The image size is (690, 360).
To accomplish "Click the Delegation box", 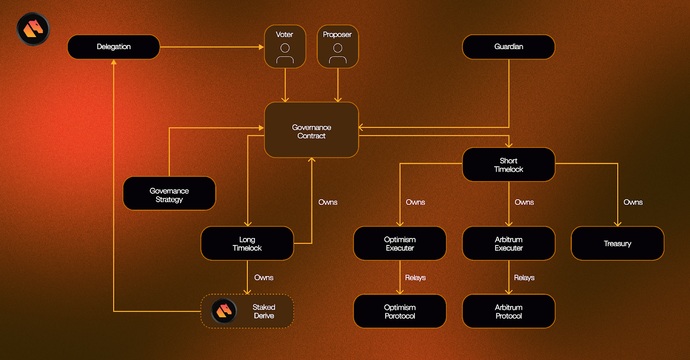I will pyautogui.click(x=113, y=47).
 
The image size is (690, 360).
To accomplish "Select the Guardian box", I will pyautogui.click(x=508, y=47).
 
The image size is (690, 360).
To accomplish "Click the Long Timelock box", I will pyautogui.click(x=247, y=244).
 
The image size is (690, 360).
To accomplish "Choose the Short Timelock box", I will pyautogui.click(x=508, y=165).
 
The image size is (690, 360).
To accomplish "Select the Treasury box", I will pyautogui.click(x=617, y=244).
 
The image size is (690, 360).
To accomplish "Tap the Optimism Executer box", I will pyautogui.click(x=400, y=244).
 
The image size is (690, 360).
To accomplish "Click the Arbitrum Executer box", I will pyautogui.click(x=508, y=244).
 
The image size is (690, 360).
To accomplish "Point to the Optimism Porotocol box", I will pyautogui.click(x=400, y=311).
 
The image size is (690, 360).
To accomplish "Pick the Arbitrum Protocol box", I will pyautogui.click(x=508, y=311).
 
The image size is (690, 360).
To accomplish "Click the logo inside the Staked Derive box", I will pyautogui.click(x=224, y=311).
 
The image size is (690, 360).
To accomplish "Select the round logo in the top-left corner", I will pyautogui.click(x=33, y=29).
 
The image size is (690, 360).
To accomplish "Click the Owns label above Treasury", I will pyautogui.click(x=633, y=202).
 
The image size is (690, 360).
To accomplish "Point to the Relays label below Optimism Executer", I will pyautogui.click(x=415, y=278).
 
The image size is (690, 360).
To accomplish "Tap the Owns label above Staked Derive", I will pyautogui.click(x=263, y=278).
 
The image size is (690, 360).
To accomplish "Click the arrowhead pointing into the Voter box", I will pyautogui.click(x=261, y=47).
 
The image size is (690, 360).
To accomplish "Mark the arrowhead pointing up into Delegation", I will pyautogui.click(x=114, y=62).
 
